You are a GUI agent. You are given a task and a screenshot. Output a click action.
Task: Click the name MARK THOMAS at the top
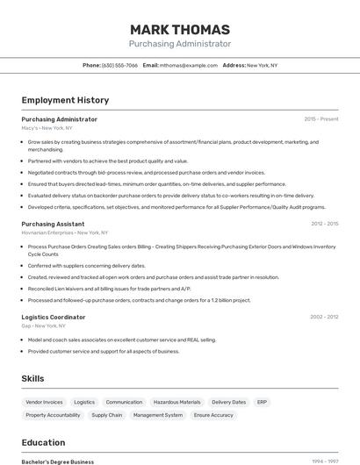pos(179,29)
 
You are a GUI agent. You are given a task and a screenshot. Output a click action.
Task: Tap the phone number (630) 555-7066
pos(119,65)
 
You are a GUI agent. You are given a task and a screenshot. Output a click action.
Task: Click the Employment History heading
pos(65,100)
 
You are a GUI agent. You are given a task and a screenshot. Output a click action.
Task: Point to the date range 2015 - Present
pos(320,119)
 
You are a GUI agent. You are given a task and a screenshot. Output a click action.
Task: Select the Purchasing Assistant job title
pos(53,224)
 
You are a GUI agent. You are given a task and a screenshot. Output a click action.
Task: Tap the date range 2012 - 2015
pos(324,224)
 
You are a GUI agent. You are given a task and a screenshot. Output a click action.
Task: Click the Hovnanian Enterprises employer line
pos(64,232)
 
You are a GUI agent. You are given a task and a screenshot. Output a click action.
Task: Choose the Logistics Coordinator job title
pos(54,317)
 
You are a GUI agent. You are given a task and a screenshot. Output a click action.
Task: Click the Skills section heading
pos(33,378)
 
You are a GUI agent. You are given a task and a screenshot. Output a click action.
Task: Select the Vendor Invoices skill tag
pos(44,402)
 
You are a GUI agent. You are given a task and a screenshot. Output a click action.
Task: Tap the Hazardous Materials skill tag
pos(177,402)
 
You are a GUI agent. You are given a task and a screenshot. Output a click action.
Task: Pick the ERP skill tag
pos(262,402)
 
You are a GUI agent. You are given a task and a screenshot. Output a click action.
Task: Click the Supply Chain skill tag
pos(107,415)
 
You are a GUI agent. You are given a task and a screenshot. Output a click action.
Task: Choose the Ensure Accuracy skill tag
pos(213,415)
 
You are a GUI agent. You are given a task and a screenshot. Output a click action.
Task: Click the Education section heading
pos(43,442)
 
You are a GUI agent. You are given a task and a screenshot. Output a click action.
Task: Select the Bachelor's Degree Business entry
pos(57,461)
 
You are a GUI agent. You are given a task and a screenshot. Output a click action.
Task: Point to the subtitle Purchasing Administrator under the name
pos(179,44)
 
